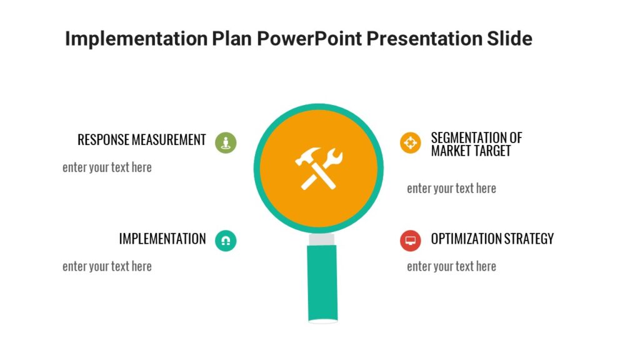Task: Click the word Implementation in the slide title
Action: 136,39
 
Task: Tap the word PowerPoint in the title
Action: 307,39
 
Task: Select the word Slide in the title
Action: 509,39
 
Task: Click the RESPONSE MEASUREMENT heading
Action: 141,140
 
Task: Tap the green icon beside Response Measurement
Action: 226,142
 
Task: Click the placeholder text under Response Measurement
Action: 107,167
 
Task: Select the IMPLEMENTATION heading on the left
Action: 162,239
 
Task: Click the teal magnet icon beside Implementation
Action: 226,241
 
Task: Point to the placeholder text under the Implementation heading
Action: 107,266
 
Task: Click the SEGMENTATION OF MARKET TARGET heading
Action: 476,144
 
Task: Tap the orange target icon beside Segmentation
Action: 411,142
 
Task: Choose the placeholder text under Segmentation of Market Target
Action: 451,189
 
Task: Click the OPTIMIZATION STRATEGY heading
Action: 492,239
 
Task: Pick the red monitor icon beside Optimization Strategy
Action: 411,241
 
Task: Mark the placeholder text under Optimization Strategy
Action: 451,266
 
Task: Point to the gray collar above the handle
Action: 322,240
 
